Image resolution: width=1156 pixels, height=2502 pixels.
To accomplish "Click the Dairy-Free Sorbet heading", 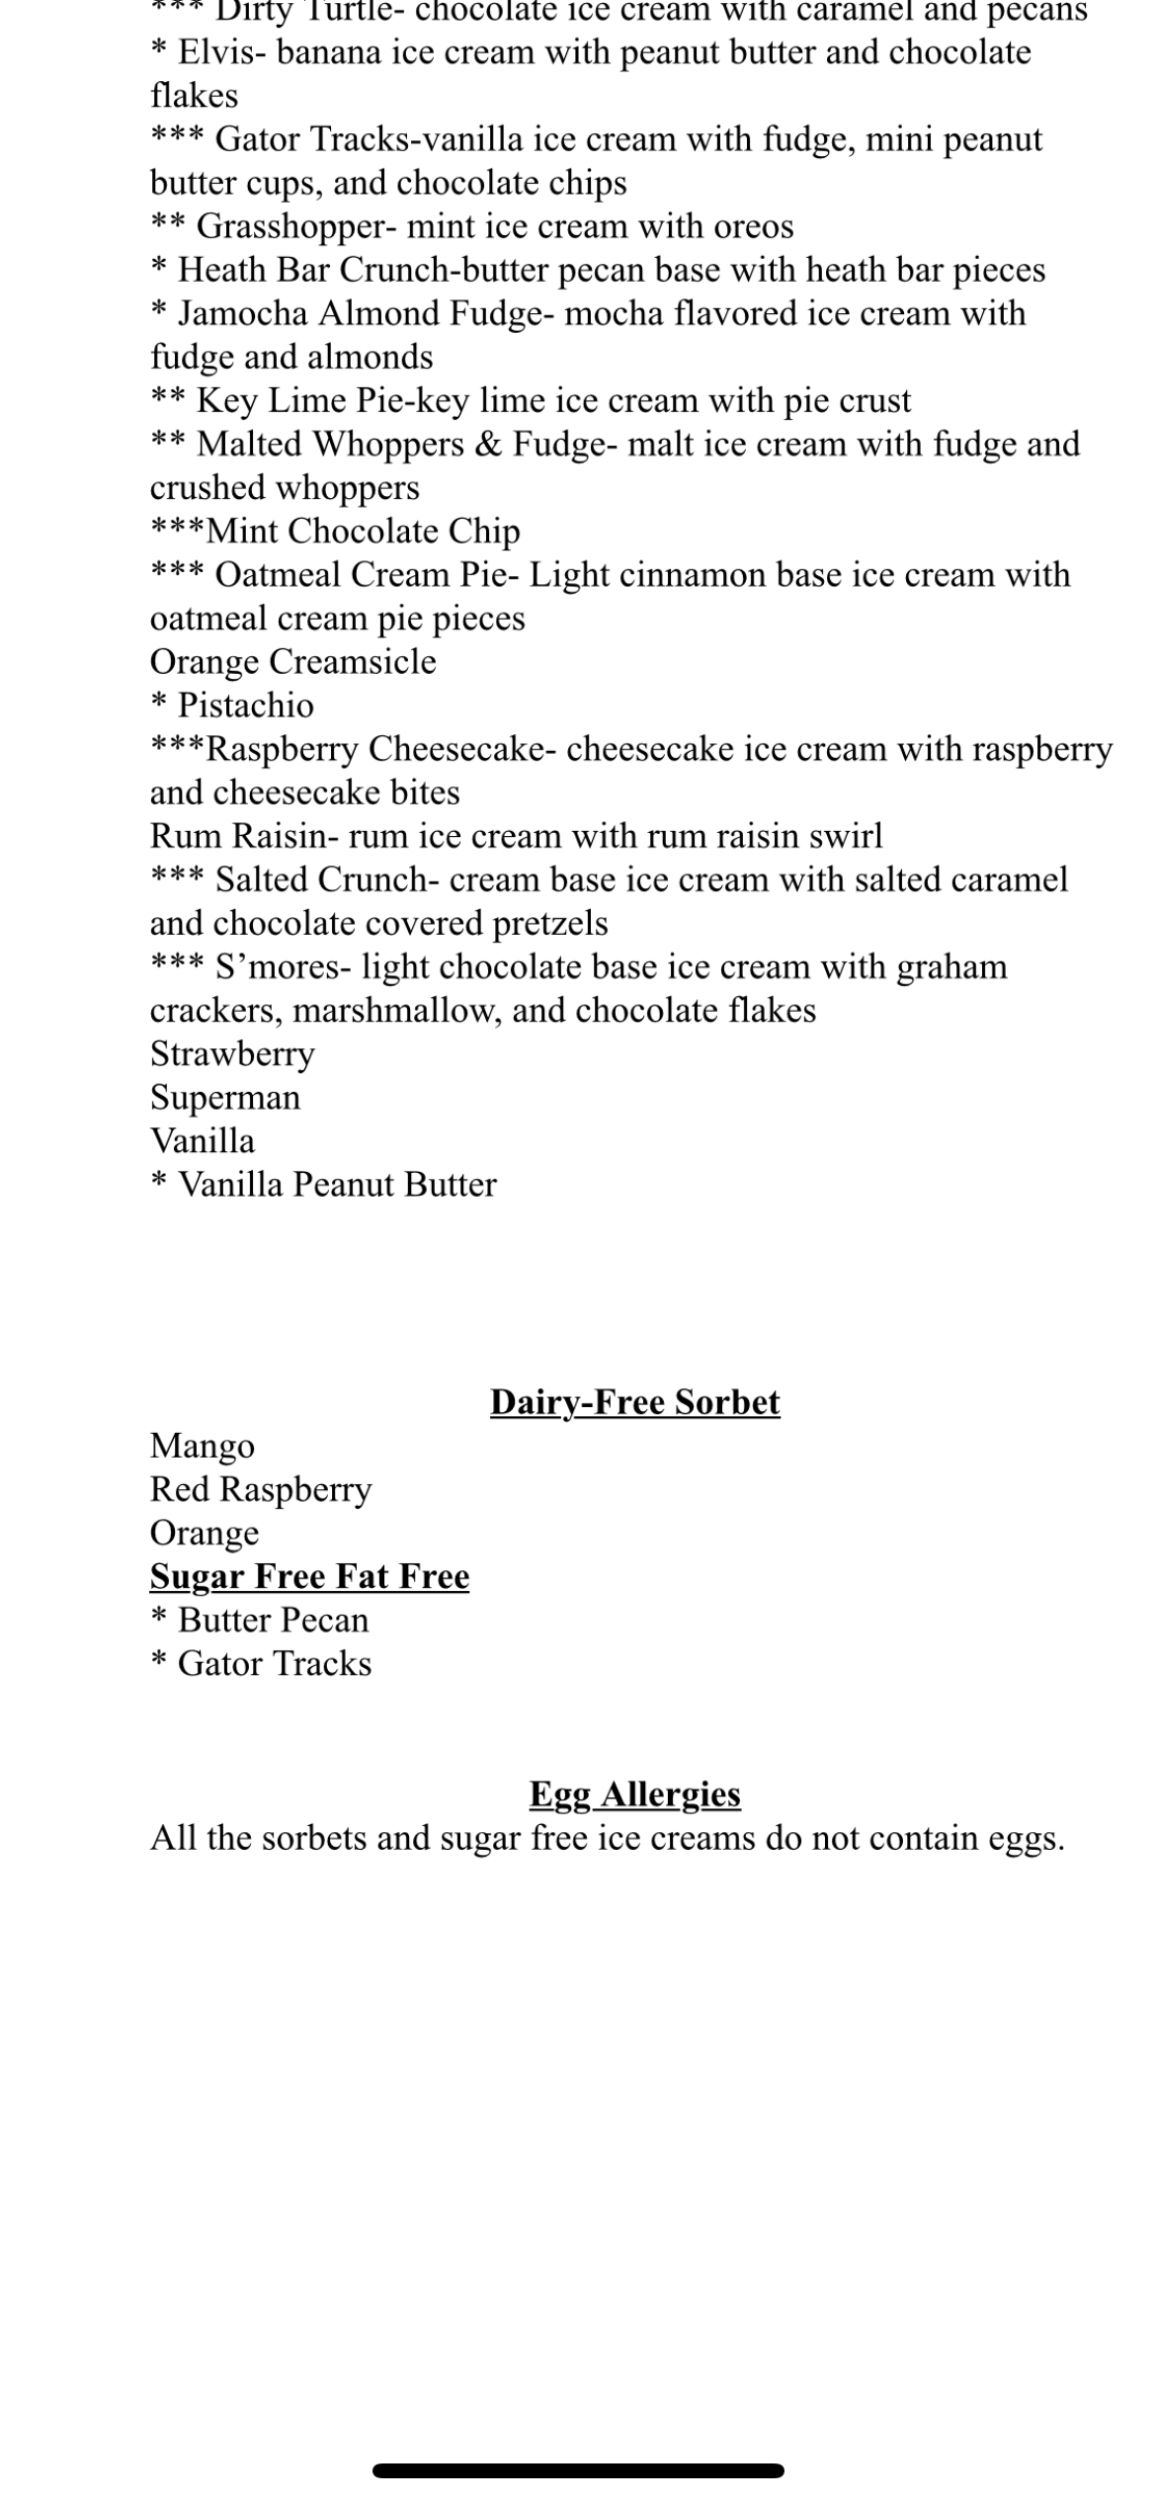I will pos(634,1402).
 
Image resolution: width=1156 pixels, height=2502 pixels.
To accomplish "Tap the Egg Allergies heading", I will pos(634,1793).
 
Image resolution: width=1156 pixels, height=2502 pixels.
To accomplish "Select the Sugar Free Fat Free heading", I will pos(309,1576).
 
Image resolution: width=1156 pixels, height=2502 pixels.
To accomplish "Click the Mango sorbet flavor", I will pos(203,1446).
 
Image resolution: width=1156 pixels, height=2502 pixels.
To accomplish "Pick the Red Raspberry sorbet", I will pos(261,1489).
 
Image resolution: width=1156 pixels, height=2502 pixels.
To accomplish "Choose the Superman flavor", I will pos(225,1098).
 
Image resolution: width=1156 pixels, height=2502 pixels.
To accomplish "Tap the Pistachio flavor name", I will pos(245,706).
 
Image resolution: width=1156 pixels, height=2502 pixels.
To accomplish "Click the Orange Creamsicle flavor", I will pos(292,662).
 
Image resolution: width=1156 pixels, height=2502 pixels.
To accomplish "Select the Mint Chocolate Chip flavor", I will pos(363,532).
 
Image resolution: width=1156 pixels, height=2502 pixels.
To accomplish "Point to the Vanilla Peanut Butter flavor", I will pos(336,1185).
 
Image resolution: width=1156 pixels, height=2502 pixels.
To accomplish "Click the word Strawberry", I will pos(232,1054).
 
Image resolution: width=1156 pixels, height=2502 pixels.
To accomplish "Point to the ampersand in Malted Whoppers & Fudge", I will pos(488,445).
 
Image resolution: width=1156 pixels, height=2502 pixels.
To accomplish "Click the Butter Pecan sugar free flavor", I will pos(273,1621).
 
